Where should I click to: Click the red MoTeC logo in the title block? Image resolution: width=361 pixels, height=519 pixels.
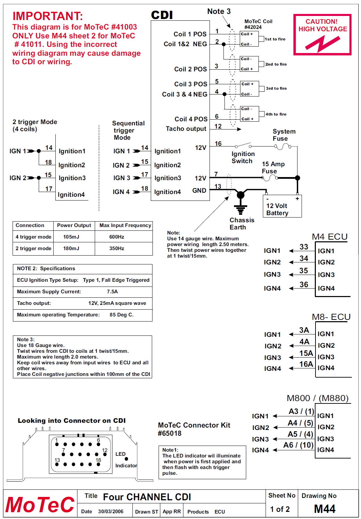(40, 505)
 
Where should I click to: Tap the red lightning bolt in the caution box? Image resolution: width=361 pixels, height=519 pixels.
(322, 44)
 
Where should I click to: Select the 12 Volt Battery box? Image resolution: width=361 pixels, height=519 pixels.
(282, 206)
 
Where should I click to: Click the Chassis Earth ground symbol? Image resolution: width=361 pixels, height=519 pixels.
(241, 208)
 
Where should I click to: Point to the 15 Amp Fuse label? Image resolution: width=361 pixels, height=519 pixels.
(273, 168)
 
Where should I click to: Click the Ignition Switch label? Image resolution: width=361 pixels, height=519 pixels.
(242, 157)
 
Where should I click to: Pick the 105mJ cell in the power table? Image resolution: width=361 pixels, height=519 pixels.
(71, 237)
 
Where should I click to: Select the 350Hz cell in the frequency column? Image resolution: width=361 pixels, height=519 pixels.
(116, 248)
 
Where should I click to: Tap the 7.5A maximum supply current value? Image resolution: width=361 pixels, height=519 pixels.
(112, 292)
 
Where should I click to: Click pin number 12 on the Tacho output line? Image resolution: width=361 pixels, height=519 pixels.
(218, 126)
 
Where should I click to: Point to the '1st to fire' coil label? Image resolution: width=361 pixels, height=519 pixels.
(275, 39)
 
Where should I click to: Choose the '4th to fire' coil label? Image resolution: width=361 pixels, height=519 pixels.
(276, 114)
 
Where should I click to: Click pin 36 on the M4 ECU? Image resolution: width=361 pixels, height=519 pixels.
(304, 285)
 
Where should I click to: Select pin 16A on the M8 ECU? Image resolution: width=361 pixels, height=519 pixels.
(306, 364)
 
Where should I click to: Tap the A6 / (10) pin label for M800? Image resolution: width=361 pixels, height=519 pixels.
(298, 445)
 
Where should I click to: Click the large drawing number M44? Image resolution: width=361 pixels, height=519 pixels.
(325, 509)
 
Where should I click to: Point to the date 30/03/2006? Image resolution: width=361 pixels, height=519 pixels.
(111, 512)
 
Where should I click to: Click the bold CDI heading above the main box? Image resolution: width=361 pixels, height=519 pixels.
(162, 15)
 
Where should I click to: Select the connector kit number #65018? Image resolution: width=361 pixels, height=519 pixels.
(169, 433)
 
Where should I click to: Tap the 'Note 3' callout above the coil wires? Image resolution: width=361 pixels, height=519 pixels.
(219, 12)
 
